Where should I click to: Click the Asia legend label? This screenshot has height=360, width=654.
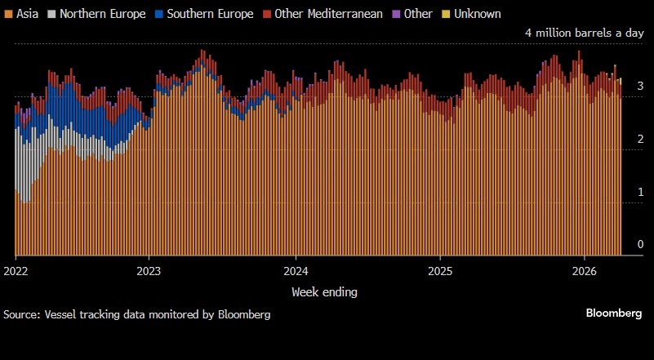(x=27, y=14)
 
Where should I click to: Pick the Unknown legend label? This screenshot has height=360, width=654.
(x=478, y=14)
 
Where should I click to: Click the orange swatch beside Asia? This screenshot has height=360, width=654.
(x=8, y=14)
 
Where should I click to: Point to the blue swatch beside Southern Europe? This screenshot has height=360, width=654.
(x=160, y=14)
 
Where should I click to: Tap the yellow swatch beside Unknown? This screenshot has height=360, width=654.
(x=445, y=14)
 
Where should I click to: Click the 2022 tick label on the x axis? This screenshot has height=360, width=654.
(x=16, y=271)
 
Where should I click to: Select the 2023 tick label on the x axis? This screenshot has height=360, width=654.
(x=149, y=271)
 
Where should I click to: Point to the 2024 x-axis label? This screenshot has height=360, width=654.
(x=296, y=271)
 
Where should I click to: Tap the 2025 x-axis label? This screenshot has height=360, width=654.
(x=439, y=271)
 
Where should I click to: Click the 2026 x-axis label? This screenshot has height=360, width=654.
(x=584, y=271)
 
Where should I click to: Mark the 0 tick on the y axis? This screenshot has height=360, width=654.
(x=640, y=245)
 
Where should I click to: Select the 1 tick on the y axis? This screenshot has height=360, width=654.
(x=640, y=192)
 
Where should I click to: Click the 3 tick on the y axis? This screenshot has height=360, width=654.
(x=640, y=86)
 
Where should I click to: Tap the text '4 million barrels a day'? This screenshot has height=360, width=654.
(x=585, y=33)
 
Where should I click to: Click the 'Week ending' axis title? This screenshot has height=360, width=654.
(x=324, y=291)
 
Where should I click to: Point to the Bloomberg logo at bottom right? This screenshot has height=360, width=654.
(x=614, y=313)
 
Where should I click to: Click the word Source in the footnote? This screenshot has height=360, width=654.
(x=20, y=314)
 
